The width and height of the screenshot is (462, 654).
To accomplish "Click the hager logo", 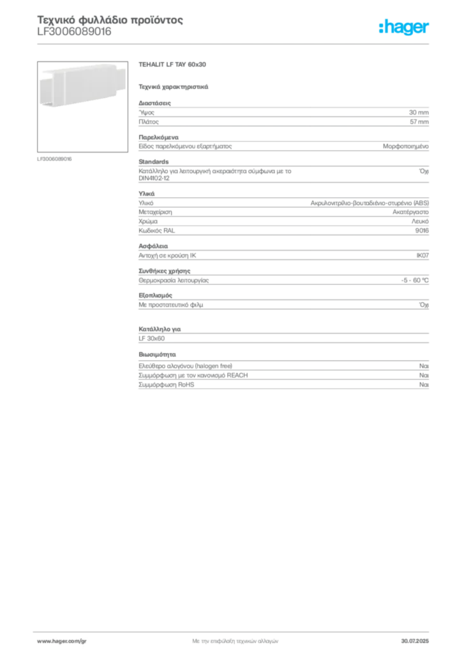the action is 404,27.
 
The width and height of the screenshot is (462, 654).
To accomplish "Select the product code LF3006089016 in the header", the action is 74,32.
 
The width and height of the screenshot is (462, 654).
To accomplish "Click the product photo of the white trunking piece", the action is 82,107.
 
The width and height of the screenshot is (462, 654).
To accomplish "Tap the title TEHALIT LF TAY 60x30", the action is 172,65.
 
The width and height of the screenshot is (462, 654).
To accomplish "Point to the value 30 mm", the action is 419,112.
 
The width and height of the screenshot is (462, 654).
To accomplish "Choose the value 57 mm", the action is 419,122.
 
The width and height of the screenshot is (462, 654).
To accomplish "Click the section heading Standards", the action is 153,162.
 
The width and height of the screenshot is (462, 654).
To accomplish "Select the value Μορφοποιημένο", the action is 406,146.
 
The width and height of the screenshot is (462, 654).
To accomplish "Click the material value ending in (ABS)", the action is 369,203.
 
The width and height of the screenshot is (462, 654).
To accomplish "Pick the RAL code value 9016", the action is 422,231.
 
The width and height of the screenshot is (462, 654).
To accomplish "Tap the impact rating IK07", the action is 422,255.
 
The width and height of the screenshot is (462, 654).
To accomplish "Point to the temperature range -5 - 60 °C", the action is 415,280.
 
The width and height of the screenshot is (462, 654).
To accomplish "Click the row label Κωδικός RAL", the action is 156,231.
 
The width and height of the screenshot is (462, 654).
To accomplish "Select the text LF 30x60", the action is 152,338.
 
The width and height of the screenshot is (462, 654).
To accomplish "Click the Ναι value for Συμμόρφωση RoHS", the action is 424,384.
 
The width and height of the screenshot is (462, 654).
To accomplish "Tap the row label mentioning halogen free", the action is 186,366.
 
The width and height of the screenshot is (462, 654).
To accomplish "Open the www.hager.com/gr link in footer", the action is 62,641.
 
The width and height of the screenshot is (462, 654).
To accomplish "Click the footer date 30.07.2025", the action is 415,641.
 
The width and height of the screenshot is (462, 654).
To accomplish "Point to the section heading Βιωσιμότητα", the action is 157,354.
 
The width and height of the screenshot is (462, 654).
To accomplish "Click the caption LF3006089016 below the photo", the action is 54,159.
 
